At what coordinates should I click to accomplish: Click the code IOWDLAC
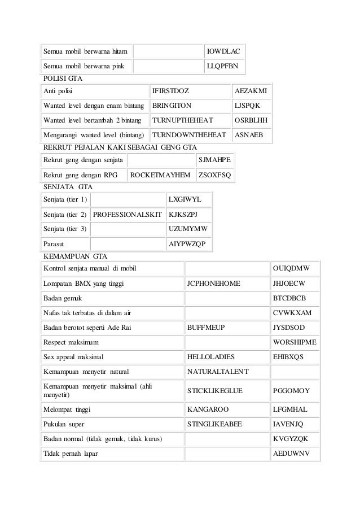(223, 52)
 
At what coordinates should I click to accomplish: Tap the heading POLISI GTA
(62, 77)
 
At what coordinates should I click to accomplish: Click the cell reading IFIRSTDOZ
(171, 90)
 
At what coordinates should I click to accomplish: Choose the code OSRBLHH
(252, 121)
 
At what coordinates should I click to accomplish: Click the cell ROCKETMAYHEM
(160, 175)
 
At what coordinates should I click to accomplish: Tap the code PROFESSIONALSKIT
(128, 215)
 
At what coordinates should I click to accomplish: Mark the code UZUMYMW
(188, 229)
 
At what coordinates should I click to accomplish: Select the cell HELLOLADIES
(214, 357)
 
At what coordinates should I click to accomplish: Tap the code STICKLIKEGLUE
(217, 390)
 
